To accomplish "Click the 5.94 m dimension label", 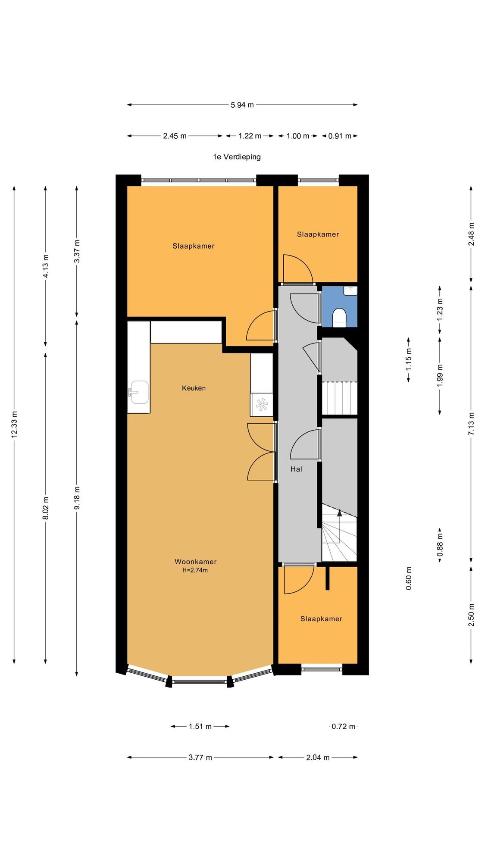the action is [x=242, y=105].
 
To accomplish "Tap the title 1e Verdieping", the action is [x=237, y=157].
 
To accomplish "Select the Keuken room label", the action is [x=194, y=388].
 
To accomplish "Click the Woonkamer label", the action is [x=195, y=562].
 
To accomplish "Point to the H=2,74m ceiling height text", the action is [x=195, y=570].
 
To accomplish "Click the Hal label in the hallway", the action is [x=296, y=469].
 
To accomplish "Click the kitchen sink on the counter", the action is [x=138, y=392].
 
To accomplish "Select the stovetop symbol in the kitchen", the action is [x=262, y=405].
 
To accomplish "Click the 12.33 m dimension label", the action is [x=14, y=425].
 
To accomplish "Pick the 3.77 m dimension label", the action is [x=200, y=758].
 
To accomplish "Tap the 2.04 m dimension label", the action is [x=318, y=758].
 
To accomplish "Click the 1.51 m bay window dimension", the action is [x=200, y=727].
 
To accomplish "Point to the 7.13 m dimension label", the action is [x=471, y=424].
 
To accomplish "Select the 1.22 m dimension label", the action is [x=250, y=136].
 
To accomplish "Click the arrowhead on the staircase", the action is [x=340, y=513].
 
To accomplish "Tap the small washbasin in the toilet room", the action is [x=350, y=290].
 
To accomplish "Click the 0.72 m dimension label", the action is [x=344, y=727].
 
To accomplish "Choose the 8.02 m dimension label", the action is [x=46, y=508].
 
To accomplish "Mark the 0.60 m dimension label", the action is [x=409, y=578].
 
